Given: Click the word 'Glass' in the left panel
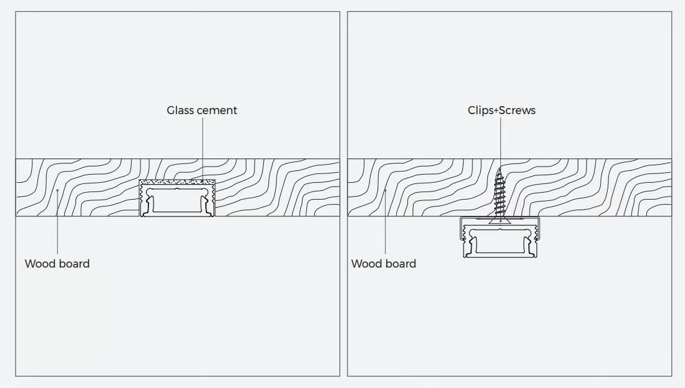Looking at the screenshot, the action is coord(180,110).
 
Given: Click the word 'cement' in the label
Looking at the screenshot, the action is coord(216,110).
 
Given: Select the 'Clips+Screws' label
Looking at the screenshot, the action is coord(502,110).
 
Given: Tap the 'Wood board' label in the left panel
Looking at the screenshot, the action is coord(57,263).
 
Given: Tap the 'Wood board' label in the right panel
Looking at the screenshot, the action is coord(384,263).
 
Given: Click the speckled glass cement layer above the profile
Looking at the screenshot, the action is coord(177,182).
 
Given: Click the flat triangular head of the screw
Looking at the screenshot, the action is coord(500,220).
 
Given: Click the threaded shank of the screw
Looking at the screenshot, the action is coord(500,192).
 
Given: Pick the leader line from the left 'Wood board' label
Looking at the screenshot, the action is coord(57,223).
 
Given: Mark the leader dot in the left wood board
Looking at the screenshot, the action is coord(57,190).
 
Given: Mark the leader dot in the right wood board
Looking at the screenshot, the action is coord(386,190).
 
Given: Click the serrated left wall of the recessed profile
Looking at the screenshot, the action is coord(142,199).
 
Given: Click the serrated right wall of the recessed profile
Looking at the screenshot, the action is coord(212,199).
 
